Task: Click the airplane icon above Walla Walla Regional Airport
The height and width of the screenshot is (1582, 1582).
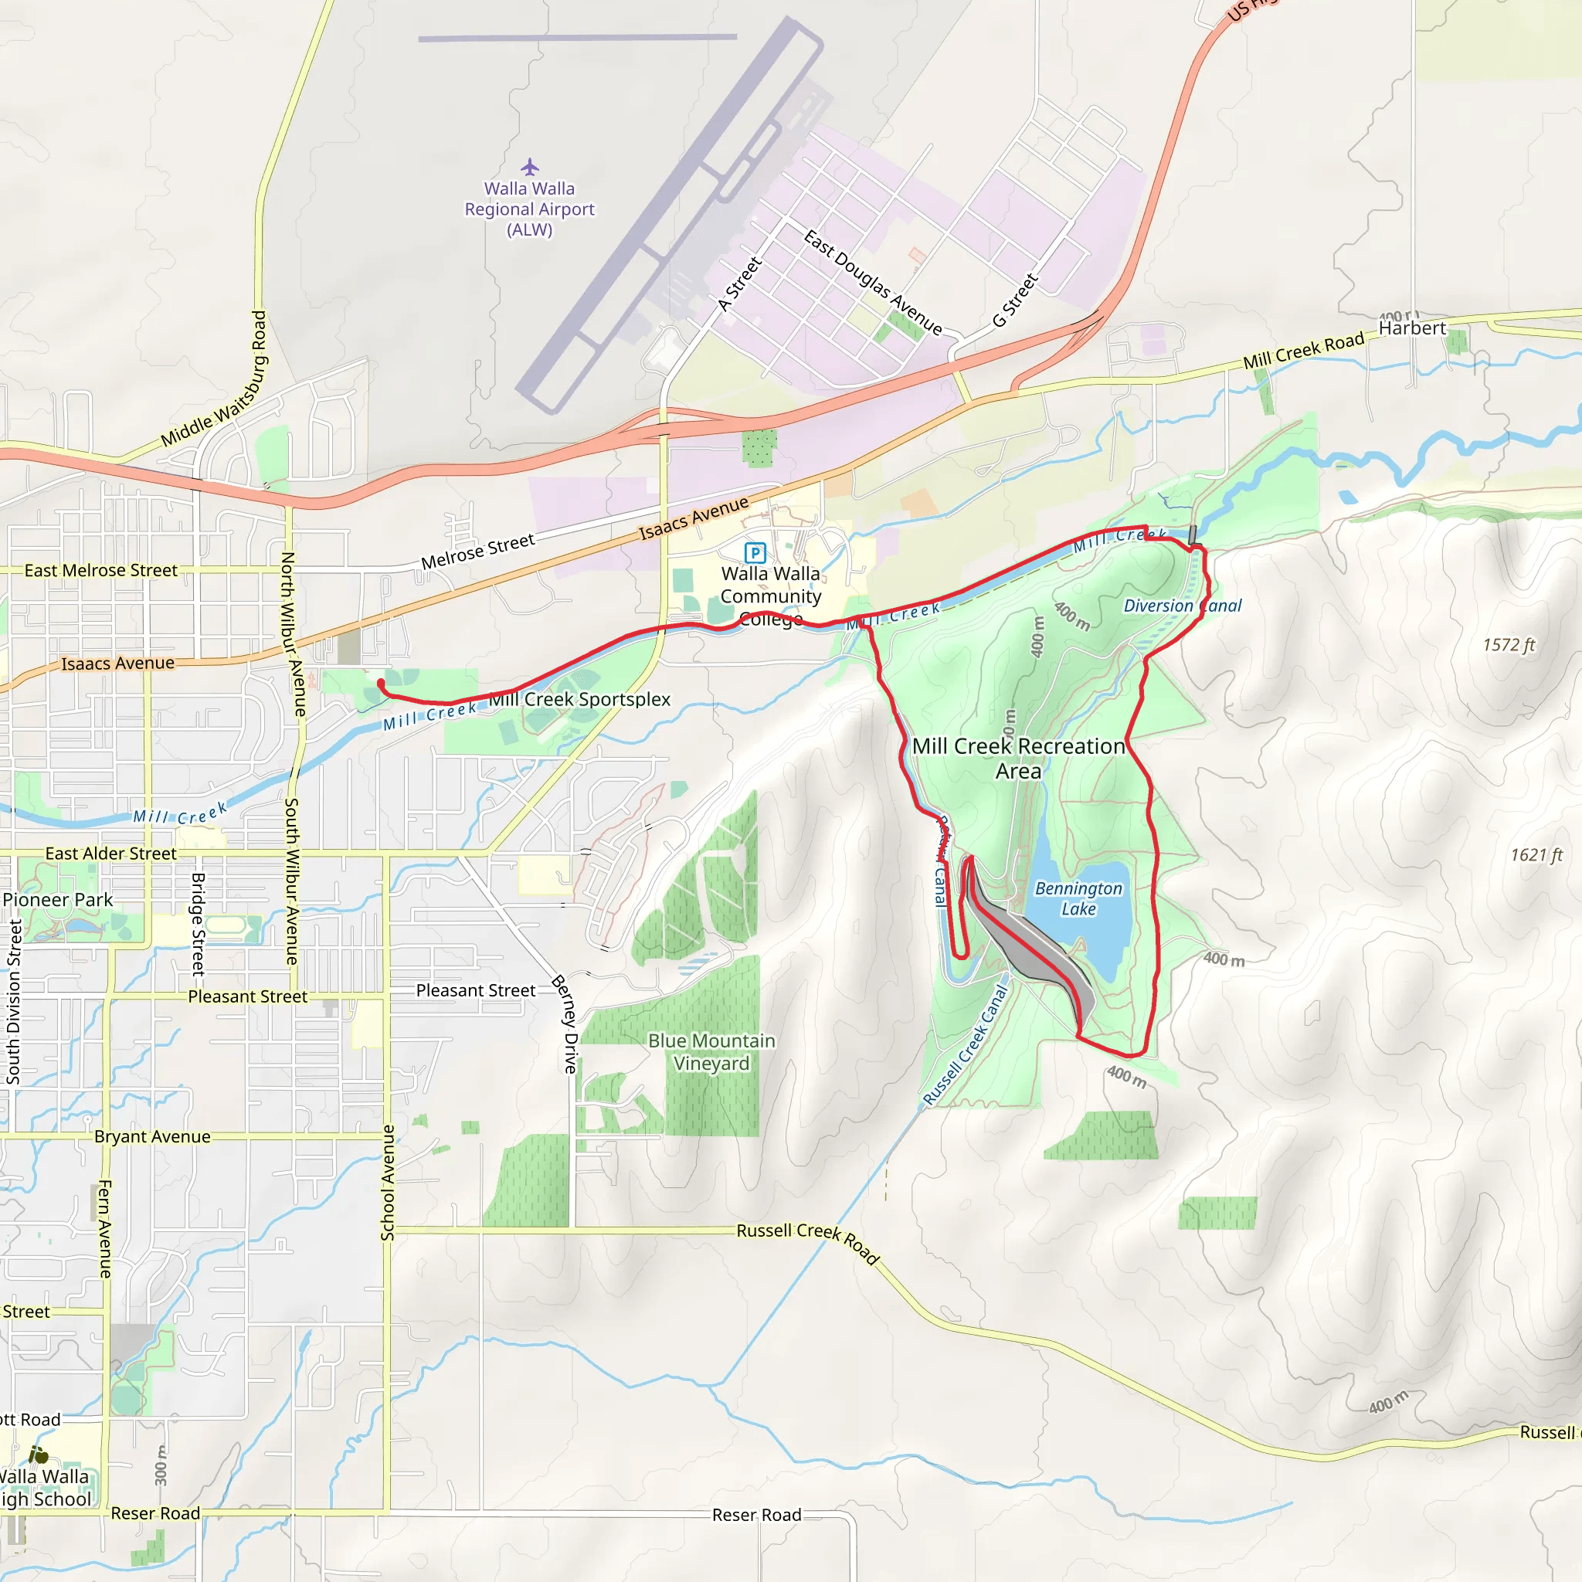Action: tap(530, 167)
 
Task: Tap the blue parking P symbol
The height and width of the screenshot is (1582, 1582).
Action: tap(754, 553)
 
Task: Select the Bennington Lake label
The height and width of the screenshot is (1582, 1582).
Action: tap(1078, 898)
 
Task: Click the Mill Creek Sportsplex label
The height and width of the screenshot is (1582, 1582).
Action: tap(580, 699)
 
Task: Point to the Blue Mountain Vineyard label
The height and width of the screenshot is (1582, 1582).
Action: tap(711, 1051)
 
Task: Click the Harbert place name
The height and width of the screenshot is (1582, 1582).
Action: tap(1412, 328)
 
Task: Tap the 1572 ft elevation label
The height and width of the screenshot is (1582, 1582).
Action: tap(1509, 645)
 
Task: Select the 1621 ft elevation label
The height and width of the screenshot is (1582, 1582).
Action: tap(1536, 855)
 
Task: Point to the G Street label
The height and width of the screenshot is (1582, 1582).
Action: tap(1014, 300)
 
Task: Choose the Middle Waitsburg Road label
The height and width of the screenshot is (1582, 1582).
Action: tap(214, 379)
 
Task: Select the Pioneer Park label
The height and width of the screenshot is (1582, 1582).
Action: tap(57, 899)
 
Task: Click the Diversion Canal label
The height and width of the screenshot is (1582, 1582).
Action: tap(1182, 606)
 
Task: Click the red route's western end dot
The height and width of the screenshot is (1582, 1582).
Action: tap(381, 683)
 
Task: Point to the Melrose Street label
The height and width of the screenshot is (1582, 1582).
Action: tap(477, 551)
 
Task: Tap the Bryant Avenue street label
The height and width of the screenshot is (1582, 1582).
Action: tap(152, 1136)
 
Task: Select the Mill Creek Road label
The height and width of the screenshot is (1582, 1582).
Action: tap(1303, 351)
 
